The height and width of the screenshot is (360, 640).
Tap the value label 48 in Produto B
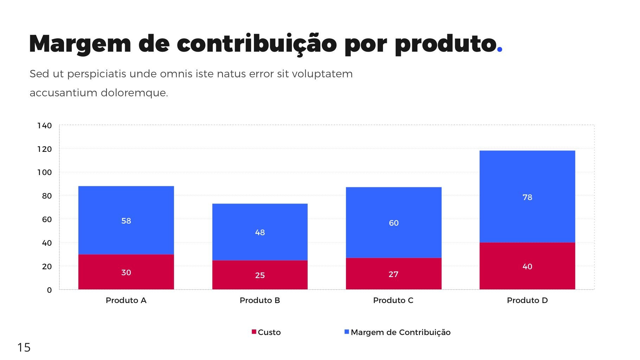(x=260, y=232)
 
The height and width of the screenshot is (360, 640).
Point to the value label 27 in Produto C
(x=393, y=274)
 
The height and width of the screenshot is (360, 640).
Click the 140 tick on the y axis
(x=45, y=126)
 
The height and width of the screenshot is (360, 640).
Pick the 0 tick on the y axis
(x=49, y=290)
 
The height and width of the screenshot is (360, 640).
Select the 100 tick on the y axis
(x=45, y=172)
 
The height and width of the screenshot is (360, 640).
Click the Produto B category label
(x=260, y=300)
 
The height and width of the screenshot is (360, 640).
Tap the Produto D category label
(x=527, y=300)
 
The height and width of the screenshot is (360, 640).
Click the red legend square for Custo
(x=254, y=332)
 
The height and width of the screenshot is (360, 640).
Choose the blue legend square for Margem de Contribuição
(x=347, y=332)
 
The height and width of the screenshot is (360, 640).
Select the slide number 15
(x=24, y=347)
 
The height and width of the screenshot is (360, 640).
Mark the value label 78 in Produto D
(x=527, y=197)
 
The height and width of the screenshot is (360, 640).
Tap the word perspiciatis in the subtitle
(x=97, y=74)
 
